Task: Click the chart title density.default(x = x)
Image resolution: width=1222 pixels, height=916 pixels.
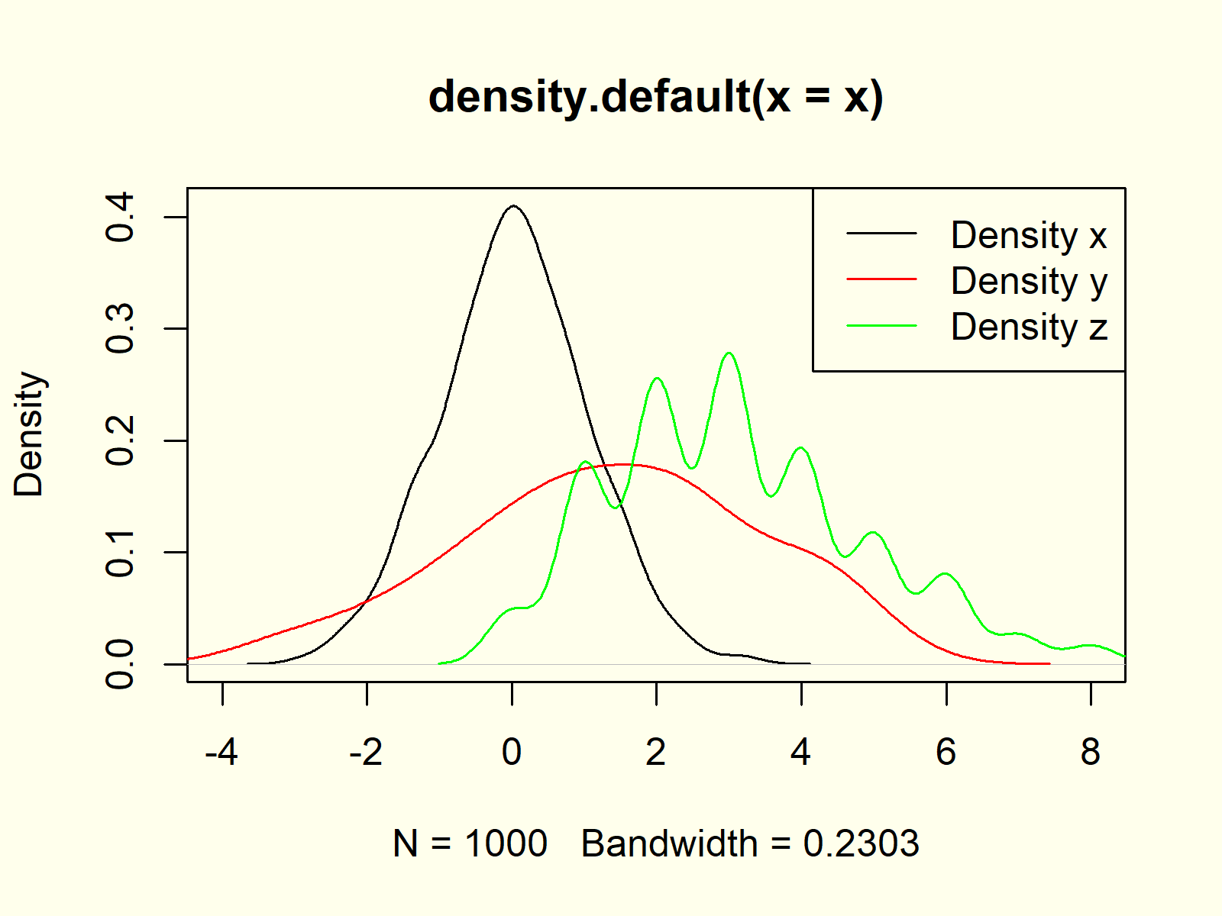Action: point(655,98)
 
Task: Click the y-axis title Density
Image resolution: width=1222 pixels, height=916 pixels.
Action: point(29,434)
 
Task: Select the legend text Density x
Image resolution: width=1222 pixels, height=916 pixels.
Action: point(1028,235)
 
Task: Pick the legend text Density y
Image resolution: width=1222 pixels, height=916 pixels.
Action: point(1028,282)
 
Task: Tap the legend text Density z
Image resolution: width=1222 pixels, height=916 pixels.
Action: point(1028,327)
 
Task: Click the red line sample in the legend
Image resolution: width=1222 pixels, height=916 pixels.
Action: point(881,279)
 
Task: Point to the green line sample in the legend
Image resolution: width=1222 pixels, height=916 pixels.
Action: point(881,326)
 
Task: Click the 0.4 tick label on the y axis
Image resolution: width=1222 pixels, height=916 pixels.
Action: point(121,218)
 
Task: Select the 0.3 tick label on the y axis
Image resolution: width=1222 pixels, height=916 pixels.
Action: point(121,329)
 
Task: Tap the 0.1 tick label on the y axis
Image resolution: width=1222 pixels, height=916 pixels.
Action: point(121,553)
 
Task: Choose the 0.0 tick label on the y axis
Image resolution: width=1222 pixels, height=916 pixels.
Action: point(121,664)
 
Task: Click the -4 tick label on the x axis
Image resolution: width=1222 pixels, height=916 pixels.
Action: point(221,753)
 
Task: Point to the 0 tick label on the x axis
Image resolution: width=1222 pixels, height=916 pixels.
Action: point(512,753)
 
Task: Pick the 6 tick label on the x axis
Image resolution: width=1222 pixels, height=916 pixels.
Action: point(946,753)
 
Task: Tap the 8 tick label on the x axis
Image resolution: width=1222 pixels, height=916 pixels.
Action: point(1091,753)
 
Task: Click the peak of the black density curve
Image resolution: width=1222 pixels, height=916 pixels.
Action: point(514,206)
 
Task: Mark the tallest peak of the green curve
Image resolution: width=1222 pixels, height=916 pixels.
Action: point(729,353)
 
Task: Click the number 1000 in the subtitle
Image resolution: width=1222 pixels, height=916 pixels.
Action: point(506,844)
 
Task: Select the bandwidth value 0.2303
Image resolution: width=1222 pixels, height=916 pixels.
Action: point(861,844)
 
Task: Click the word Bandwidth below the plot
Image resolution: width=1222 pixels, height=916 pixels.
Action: point(669,844)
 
